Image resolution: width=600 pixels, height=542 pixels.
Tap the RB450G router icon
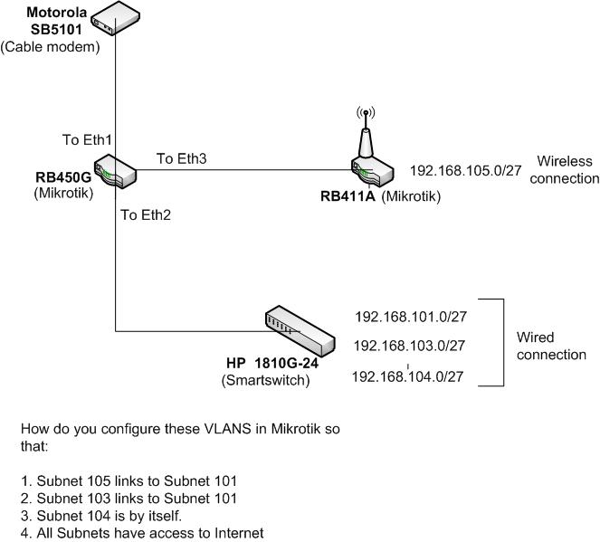[117, 169]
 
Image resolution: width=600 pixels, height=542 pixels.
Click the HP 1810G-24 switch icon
[298, 331]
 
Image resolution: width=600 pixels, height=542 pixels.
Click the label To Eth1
[87, 140]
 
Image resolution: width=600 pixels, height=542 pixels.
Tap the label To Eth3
[182, 158]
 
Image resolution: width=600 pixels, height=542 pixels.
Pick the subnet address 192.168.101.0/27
[410, 317]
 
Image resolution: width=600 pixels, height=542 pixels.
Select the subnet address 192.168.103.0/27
[409, 346]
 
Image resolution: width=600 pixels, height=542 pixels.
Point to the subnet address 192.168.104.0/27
[407, 376]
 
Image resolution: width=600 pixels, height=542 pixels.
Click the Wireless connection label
[565, 169]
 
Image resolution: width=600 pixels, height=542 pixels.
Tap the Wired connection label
[551, 346]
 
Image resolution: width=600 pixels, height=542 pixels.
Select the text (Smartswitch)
[265, 380]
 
